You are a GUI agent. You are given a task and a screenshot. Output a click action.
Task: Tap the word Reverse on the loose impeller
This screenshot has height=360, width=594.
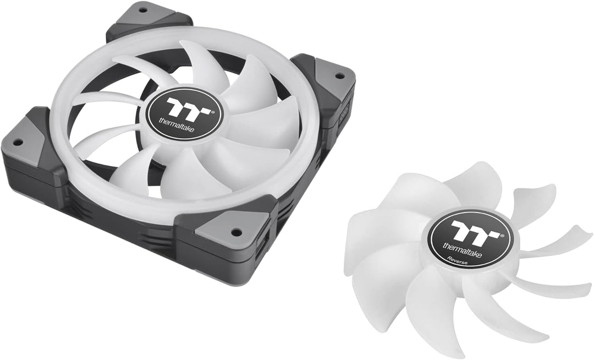459,258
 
